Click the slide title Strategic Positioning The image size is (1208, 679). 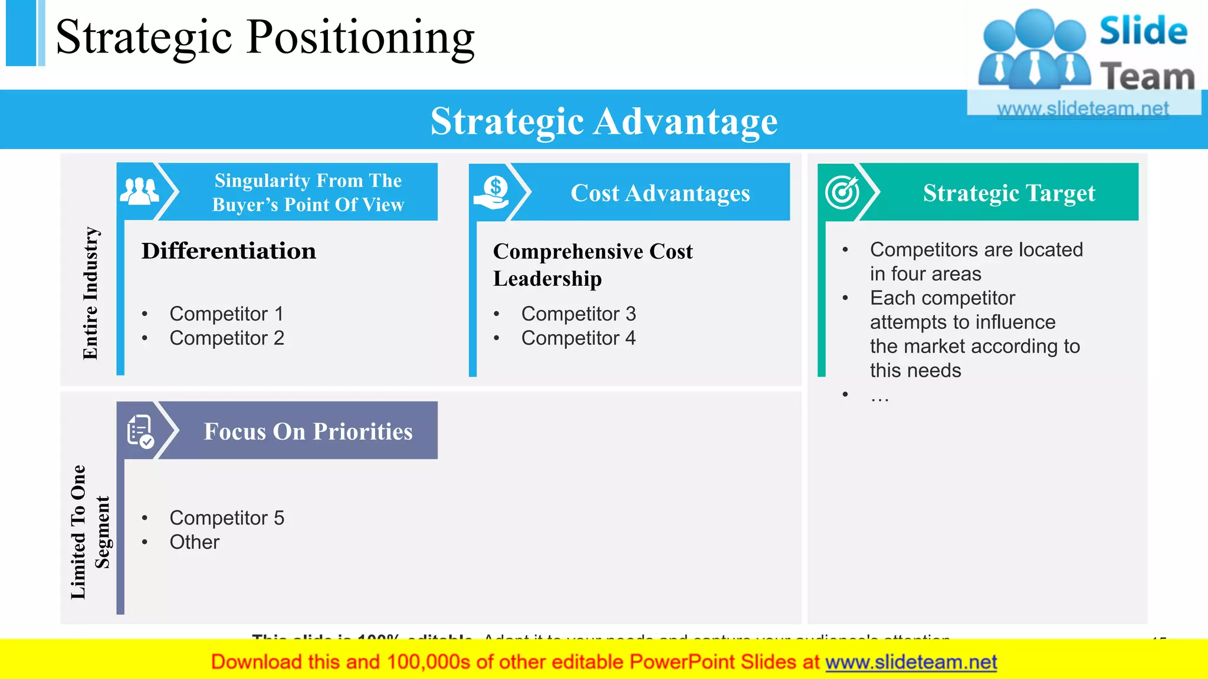(x=265, y=37)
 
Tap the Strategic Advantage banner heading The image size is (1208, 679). (x=604, y=121)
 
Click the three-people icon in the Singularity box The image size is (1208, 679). (x=139, y=191)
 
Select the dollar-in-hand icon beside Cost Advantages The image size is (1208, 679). (x=492, y=193)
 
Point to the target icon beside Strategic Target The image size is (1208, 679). (x=842, y=192)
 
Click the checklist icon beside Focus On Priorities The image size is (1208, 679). (x=140, y=431)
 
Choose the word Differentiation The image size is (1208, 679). (x=229, y=251)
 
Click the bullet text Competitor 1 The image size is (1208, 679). (x=226, y=314)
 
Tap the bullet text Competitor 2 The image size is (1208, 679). (x=226, y=338)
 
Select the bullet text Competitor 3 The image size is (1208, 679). (x=578, y=314)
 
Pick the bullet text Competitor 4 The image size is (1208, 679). (x=578, y=338)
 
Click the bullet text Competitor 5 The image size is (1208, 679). (x=226, y=518)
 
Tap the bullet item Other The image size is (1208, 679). (x=194, y=542)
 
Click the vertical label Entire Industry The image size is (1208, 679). (x=90, y=293)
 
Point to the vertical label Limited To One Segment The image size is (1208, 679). (x=90, y=532)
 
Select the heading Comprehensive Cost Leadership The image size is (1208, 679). (x=592, y=265)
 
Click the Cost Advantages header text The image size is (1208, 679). (x=660, y=193)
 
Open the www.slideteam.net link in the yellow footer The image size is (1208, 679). (x=911, y=662)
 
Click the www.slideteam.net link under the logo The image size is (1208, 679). (x=1082, y=108)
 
